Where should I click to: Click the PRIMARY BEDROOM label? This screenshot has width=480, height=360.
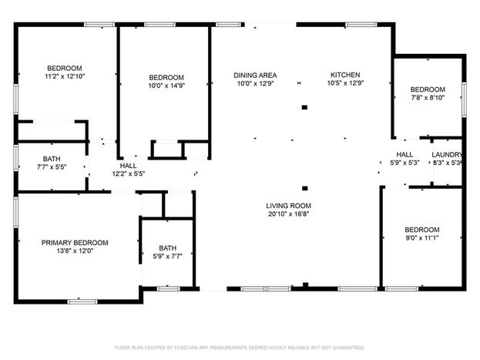click(75, 243)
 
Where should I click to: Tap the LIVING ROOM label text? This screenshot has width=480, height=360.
click(288, 206)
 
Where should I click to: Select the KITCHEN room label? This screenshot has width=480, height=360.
click(345, 75)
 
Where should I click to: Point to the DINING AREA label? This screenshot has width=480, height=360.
click(255, 76)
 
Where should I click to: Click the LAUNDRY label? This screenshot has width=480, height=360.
click(447, 155)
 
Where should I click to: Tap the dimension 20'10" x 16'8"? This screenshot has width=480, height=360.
click(288, 214)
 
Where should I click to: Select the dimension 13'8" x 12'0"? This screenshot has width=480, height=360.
click(75, 251)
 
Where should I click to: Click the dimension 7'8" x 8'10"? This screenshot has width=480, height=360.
click(428, 98)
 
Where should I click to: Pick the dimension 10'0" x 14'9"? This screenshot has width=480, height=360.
click(166, 86)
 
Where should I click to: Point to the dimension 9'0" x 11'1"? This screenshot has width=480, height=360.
click(422, 238)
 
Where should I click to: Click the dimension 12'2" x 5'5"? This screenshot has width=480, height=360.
click(129, 174)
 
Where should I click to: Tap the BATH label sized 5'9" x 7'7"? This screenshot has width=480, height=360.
click(168, 248)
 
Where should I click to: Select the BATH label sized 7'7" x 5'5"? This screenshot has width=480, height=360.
click(52, 159)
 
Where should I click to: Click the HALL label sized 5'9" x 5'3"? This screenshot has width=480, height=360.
click(404, 155)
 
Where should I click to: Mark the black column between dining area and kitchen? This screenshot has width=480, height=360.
click(304, 107)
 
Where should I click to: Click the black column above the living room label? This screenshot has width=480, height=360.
click(305, 188)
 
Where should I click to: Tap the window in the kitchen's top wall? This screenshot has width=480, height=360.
click(361, 25)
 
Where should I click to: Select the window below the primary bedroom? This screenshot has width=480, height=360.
click(82, 301)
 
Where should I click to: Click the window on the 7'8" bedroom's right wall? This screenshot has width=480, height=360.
click(464, 99)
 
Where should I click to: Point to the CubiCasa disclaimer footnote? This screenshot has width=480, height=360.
click(240, 348)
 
